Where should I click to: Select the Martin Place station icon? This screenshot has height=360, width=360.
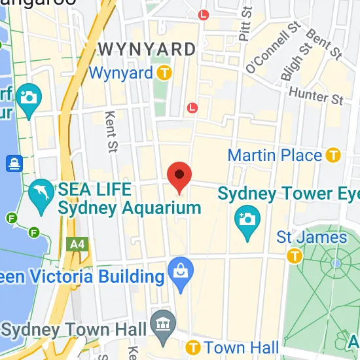334,155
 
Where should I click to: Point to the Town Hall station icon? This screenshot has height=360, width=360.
193,347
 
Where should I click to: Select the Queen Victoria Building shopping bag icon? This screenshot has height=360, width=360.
177,268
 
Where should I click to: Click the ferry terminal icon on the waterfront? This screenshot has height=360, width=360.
13,162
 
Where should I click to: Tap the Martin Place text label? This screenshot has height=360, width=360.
275,156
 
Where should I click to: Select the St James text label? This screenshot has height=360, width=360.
312,236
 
